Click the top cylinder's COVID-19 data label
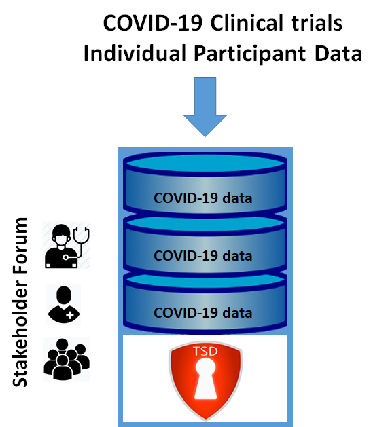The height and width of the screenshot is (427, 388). pyautogui.click(x=203, y=199)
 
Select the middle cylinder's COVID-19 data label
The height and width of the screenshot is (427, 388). pyautogui.click(x=203, y=256)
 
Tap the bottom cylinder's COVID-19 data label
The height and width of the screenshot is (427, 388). pyautogui.click(x=203, y=313)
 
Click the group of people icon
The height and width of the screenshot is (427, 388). pyautogui.click(x=66, y=358)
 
